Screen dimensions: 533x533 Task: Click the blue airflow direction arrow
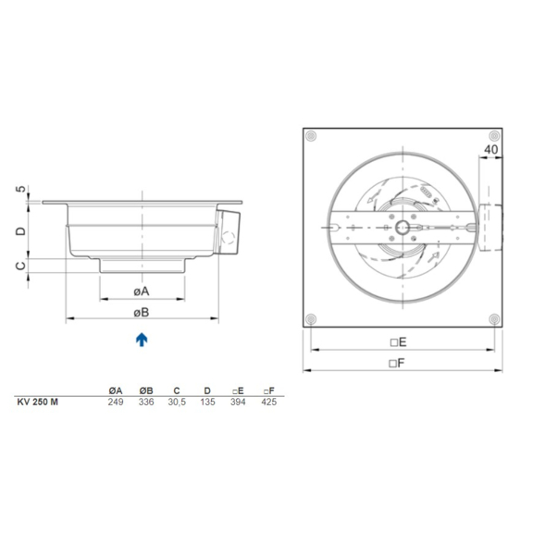click(x=142, y=340)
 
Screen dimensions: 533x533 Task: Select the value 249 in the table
click(x=117, y=402)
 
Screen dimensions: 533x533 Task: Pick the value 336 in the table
click(x=146, y=402)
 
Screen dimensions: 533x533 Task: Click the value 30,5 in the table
click(x=177, y=402)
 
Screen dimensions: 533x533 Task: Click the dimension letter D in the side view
click(x=21, y=229)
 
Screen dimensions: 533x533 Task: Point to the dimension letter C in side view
click(x=21, y=266)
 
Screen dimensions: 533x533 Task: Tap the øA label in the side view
click(x=142, y=291)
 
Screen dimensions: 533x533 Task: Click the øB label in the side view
click(x=142, y=312)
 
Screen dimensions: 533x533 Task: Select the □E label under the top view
click(x=399, y=341)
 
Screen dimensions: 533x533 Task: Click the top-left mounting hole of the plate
click(x=312, y=137)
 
